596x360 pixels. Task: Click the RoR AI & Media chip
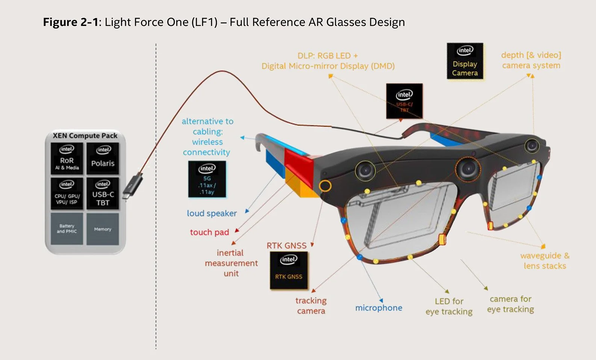[67, 158]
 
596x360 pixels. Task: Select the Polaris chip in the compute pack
[103, 158]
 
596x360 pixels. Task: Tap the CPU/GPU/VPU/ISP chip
[67, 193]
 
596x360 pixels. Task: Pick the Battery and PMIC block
[67, 228]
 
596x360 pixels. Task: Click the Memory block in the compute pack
[103, 228]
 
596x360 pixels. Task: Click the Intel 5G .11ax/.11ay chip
[207, 179]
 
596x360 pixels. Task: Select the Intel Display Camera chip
[465, 61]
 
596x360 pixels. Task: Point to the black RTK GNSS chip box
[289, 270]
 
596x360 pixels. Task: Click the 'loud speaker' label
[212, 213]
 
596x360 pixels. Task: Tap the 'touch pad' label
[209, 232]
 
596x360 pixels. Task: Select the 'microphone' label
[379, 308]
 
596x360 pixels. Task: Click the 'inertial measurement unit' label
[231, 263]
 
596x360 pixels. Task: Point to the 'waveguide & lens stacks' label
[545, 260]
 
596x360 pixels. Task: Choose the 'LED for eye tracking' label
[449, 306]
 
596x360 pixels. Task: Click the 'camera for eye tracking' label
[510, 304]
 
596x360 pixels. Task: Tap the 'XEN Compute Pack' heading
[85, 135]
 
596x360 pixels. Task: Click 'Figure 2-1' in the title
[70, 22]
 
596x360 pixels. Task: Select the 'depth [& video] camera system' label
[531, 60]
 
